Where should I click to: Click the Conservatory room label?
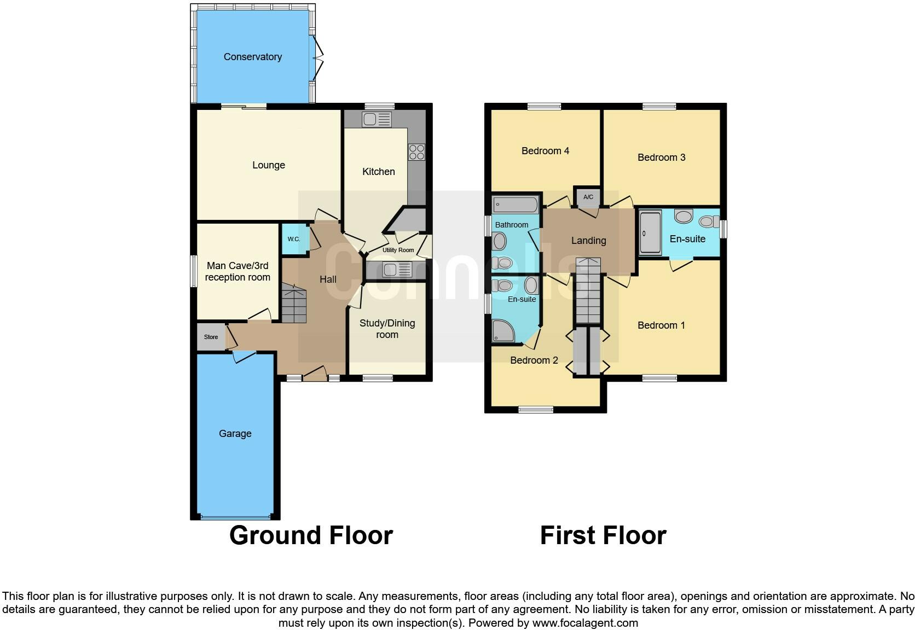coord(252,57)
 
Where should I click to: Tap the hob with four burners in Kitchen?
coord(416,151)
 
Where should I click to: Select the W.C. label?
coord(294,239)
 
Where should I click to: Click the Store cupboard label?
coord(211,337)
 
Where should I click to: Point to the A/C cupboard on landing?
coord(588,197)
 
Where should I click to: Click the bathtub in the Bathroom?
coord(516,206)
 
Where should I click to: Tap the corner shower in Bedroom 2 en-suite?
coord(502,330)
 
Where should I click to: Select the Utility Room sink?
coord(397,270)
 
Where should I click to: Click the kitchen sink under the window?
coord(377,119)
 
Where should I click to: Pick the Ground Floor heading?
coord(311,535)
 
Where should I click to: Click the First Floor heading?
coord(603,535)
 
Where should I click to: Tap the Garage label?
coord(235,434)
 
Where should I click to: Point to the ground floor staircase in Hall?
coord(294,304)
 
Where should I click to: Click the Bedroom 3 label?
coord(661,157)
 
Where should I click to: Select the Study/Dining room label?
coord(387,329)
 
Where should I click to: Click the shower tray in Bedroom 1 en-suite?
coord(651,232)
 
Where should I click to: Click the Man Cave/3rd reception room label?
coord(238,271)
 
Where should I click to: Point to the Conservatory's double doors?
coord(316,56)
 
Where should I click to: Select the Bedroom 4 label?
coord(545,151)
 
